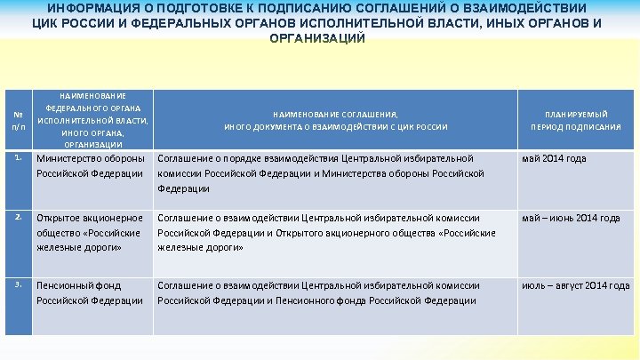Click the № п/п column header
pyautogui.click(x=18, y=119)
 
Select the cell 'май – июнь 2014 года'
pyautogui.click(x=571, y=218)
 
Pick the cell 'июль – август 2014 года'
pyautogui.click(x=575, y=285)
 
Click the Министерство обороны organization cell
pyautogui.click(x=91, y=165)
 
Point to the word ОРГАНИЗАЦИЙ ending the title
pyautogui.click(x=316, y=39)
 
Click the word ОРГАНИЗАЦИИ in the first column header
pyautogui.click(x=93, y=144)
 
